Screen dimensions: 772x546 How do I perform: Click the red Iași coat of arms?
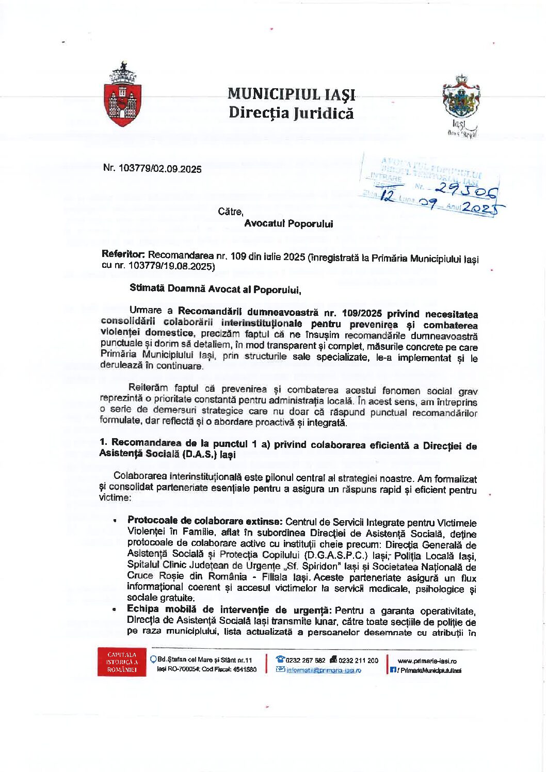click(x=123, y=95)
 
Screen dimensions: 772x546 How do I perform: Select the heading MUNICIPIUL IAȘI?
click(x=292, y=94)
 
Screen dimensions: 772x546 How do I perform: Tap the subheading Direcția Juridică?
click(x=291, y=112)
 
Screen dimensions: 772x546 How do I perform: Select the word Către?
click(x=230, y=212)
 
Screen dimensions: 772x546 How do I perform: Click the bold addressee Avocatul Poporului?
click(x=288, y=224)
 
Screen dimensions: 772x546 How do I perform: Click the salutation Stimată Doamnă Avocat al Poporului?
click(x=215, y=289)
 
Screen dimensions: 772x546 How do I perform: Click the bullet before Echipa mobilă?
click(x=114, y=609)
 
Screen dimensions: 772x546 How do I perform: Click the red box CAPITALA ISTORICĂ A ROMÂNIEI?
click(x=122, y=662)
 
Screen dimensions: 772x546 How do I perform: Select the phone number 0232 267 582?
click(x=306, y=660)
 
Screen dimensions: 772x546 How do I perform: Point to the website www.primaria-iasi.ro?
click(x=427, y=661)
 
